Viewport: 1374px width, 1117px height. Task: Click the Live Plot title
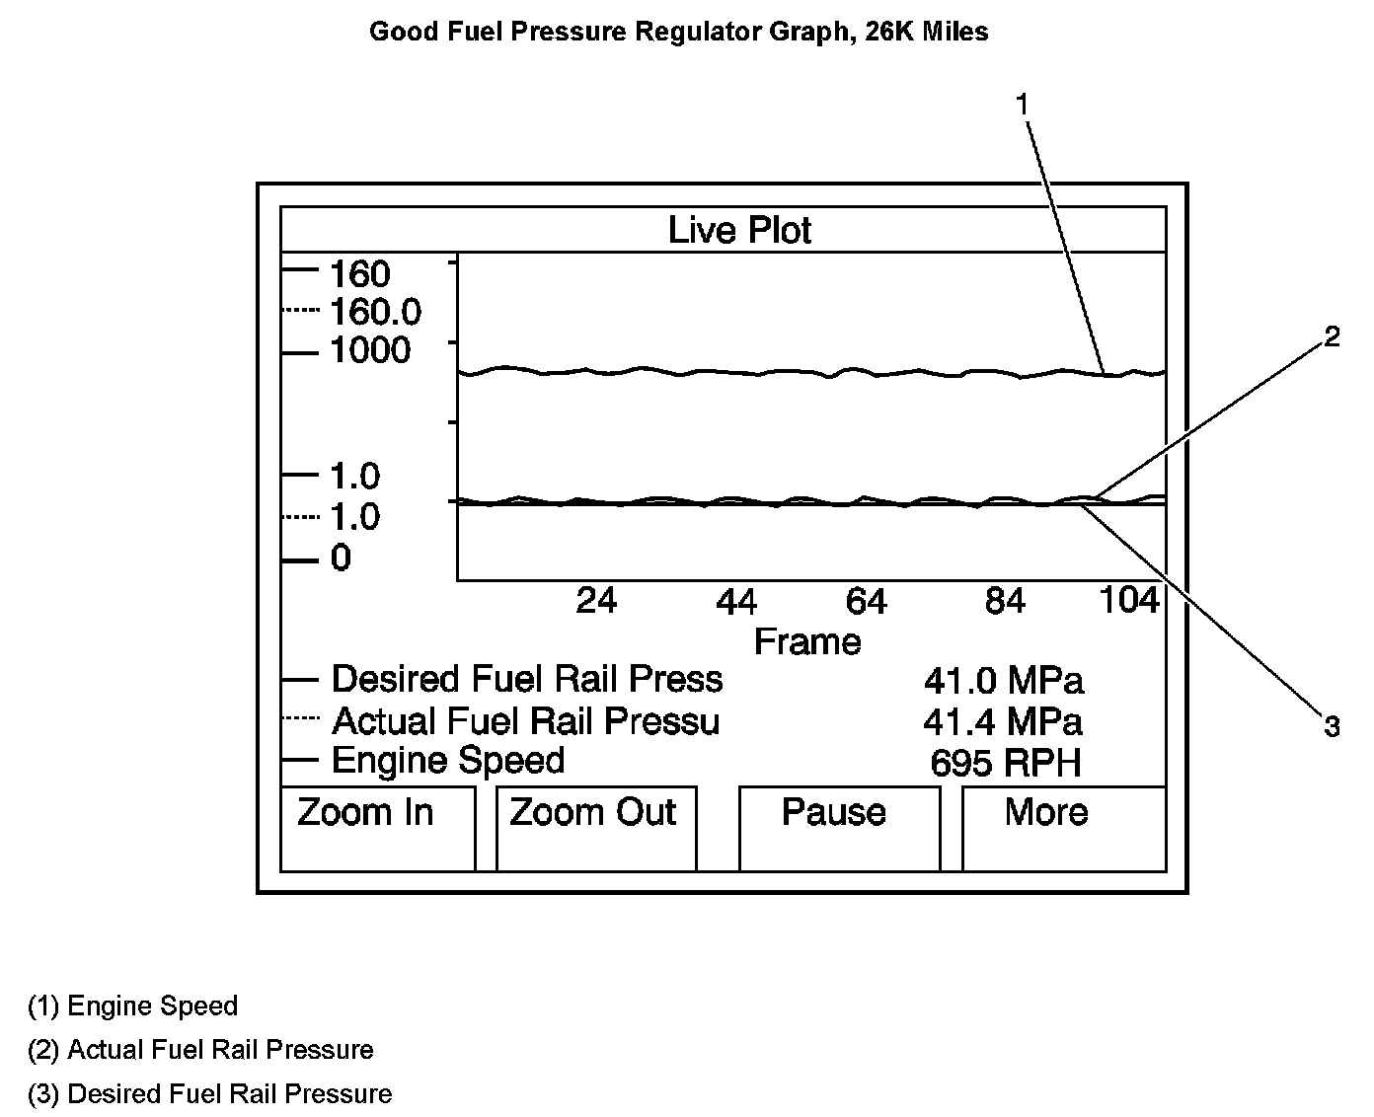(x=739, y=231)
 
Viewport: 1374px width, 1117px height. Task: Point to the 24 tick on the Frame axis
(x=596, y=600)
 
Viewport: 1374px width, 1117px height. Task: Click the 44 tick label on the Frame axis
(x=736, y=601)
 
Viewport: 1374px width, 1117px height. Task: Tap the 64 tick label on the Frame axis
(x=866, y=601)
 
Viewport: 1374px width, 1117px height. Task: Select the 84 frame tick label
(x=1005, y=601)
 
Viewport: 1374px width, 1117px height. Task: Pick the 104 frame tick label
(x=1129, y=600)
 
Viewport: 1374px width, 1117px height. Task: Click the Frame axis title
(x=807, y=642)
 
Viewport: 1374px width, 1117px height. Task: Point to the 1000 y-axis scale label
(x=370, y=350)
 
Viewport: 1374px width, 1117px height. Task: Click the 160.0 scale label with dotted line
(x=375, y=313)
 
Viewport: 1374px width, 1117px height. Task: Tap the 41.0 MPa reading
(x=1003, y=681)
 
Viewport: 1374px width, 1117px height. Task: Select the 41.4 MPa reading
(x=1003, y=722)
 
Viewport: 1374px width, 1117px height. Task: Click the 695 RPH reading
(x=1006, y=764)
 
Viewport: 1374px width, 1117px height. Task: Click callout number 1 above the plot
(x=1023, y=104)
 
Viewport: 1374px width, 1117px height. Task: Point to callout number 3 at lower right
(x=1332, y=728)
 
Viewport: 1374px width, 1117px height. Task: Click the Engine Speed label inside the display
(x=448, y=761)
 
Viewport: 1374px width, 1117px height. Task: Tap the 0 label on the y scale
(x=341, y=559)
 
